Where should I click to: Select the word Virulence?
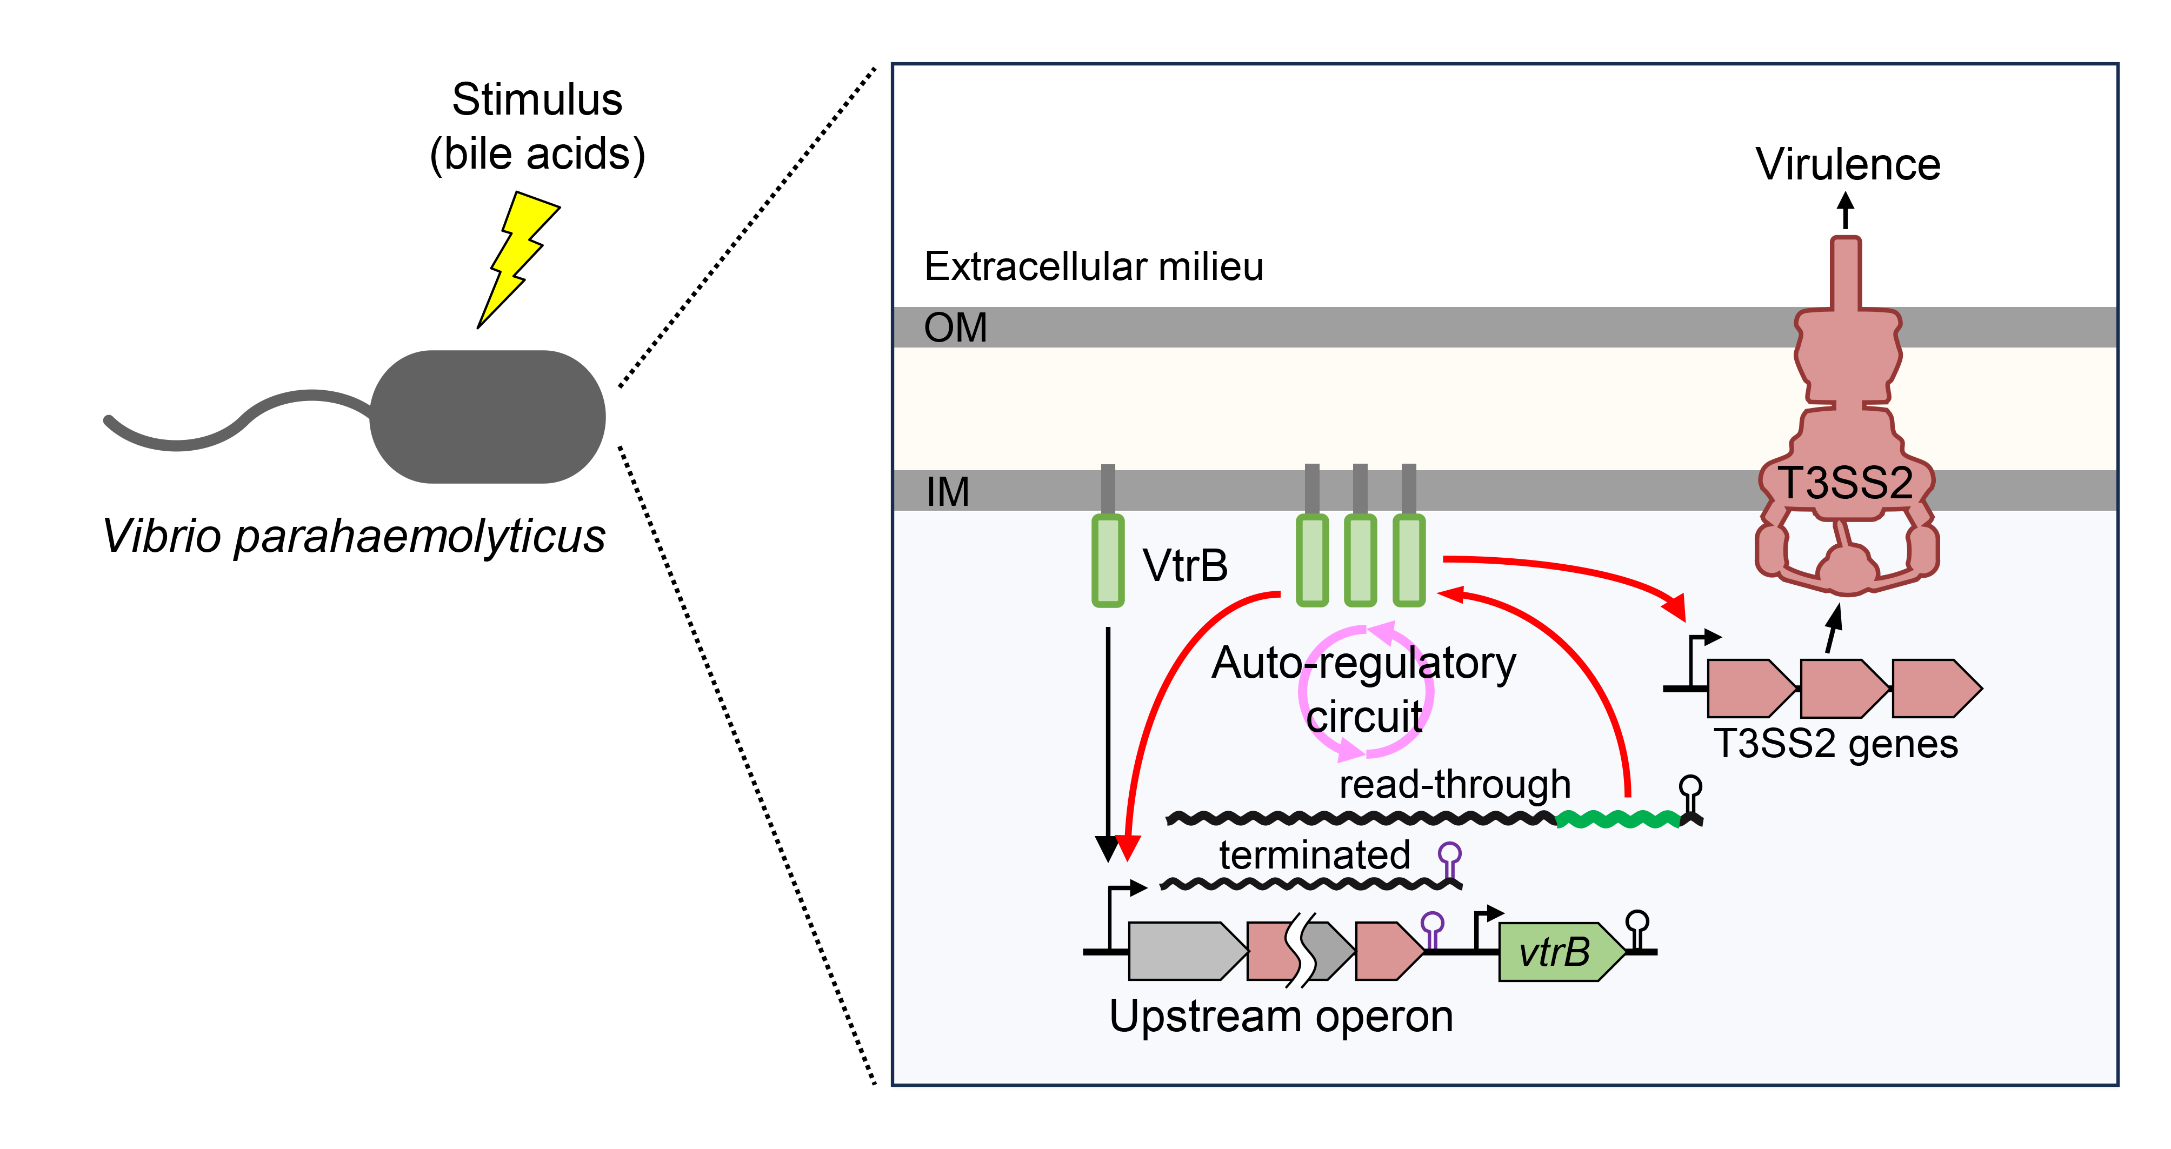1847,164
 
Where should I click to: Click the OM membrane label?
955,328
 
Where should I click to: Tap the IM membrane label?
947,492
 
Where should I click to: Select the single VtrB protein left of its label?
1108,560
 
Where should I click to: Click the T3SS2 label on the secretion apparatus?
1846,484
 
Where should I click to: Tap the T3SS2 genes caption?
1836,744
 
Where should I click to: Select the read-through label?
1455,784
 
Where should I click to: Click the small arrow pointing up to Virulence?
1846,211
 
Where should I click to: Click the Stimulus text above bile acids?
537,99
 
